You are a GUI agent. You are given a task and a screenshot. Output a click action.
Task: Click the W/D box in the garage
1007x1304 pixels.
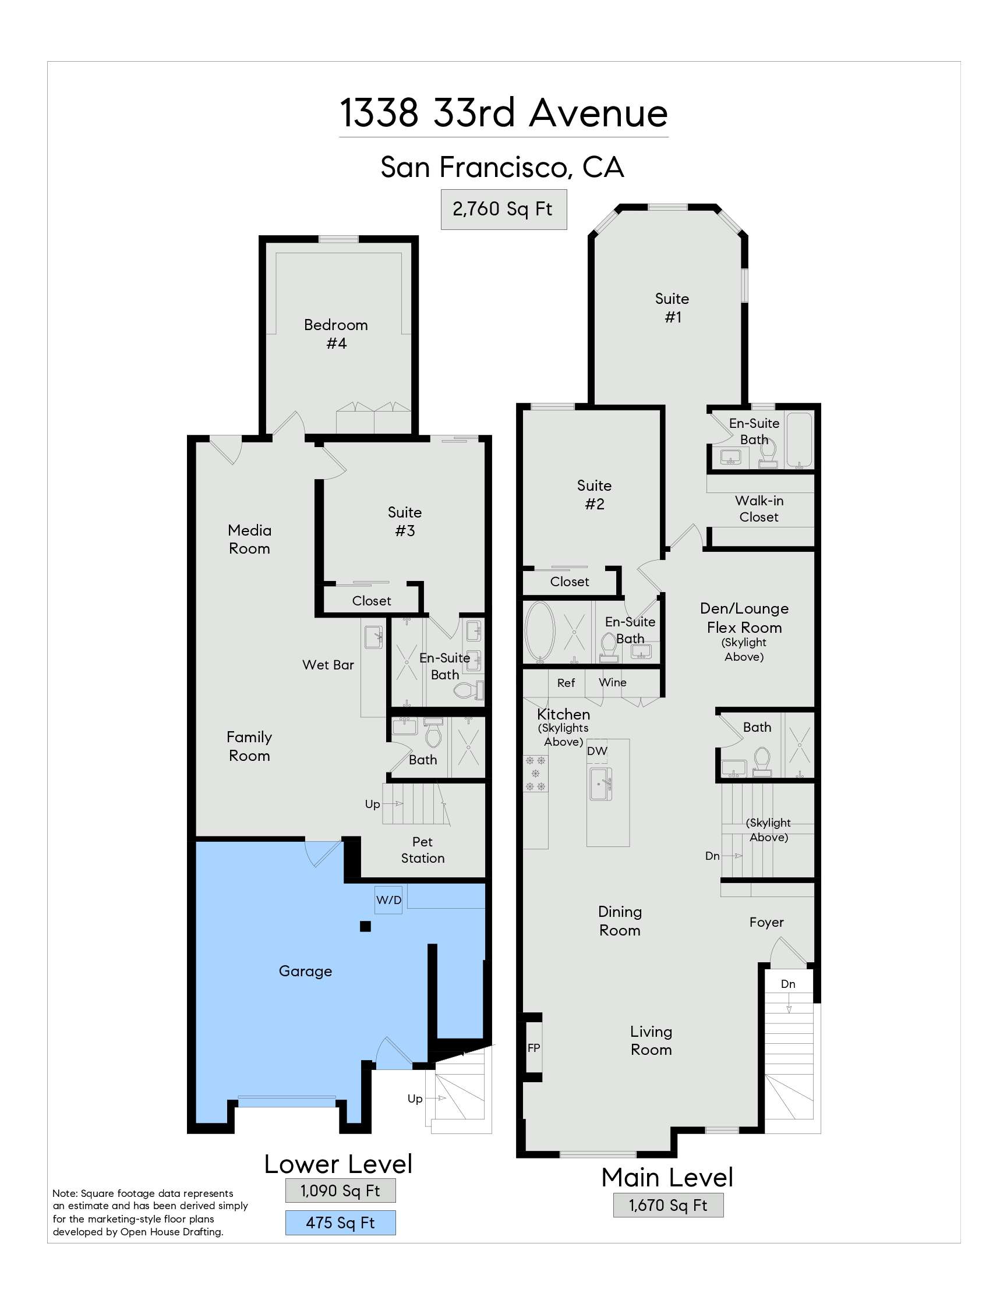click(x=388, y=900)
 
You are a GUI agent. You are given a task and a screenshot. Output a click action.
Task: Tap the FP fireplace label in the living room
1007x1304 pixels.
click(x=533, y=1047)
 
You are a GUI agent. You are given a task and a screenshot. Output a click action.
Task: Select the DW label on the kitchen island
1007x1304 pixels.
click(x=596, y=751)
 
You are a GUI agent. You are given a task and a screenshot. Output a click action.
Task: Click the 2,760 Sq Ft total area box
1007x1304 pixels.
click(x=503, y=209)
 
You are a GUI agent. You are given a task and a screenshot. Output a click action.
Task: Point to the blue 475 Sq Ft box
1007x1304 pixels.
click(x=340, y=1223)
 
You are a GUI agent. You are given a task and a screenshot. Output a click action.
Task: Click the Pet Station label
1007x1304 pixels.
click(x=422, y=849)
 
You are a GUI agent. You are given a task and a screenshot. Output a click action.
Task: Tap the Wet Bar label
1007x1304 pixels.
click(x=328, y=665)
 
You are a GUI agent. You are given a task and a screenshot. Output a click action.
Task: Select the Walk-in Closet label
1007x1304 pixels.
click(x=758, y=509)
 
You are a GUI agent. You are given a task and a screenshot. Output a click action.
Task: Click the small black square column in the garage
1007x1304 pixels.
click(x=365, y=927)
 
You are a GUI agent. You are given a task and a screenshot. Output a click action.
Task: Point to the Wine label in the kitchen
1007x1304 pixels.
click(x=612, y=682)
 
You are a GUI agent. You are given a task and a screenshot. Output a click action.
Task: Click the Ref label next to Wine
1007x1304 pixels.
click(x=566, y=682)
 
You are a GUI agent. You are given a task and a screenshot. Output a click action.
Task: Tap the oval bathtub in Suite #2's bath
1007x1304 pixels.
click(x=539, y=632)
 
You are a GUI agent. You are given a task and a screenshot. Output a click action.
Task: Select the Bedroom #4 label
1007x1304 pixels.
click(x=335, y=334)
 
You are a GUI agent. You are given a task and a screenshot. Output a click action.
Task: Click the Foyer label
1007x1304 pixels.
click(x=766, y=923)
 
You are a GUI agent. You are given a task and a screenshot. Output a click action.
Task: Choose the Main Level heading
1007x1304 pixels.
click(x=667, y=1178)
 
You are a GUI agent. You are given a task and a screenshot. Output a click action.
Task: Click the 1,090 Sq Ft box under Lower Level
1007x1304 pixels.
click(x=340, y=1191)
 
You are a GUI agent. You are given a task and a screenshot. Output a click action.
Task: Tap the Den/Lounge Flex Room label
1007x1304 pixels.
click(x=744, y=618)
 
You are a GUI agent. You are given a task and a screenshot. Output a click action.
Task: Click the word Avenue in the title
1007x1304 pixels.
click(x=598, y=113)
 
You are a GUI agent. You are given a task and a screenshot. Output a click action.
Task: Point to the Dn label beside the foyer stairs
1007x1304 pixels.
click(x=788, y=984)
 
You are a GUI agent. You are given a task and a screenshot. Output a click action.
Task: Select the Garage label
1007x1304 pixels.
click(x=305, y=972)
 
